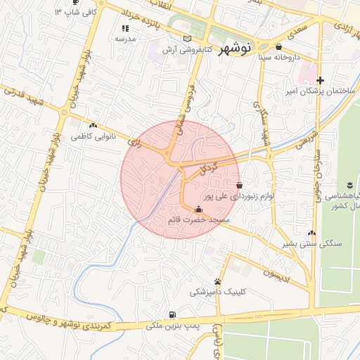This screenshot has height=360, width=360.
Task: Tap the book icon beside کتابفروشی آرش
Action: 186,39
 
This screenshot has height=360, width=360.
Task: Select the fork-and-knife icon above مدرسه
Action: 125,28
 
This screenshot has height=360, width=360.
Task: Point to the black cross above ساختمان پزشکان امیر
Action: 320,80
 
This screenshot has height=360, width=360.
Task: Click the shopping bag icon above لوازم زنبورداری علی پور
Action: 240,185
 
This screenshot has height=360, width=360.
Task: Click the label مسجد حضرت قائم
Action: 199,220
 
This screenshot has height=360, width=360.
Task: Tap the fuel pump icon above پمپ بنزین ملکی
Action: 173,314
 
